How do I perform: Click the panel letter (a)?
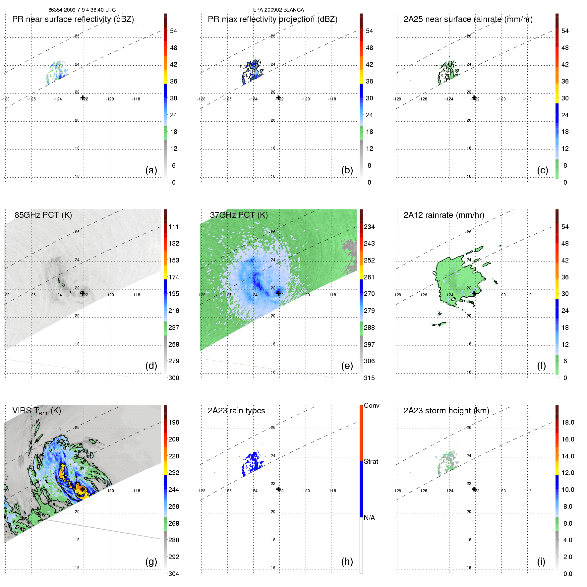pyautogui.click(x=151, y=170)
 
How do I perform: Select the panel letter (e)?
pyautogui.click(x=347, y=366)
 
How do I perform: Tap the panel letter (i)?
pyautogui.click(x=541, y=561)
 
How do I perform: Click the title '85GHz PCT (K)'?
pyautogui.click(x=43, y=215)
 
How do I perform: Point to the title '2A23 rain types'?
pyautogui.click(x=236, y=411)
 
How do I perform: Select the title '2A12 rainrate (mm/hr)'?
pyautogui.click(x=444, y=215)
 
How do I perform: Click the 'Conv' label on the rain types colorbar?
pyautogui.click(x=372, y=406)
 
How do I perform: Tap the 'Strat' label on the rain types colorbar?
pyautogui.click(x=371, y=462)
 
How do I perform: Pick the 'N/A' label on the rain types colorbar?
pyautogui.click(x=369, y=518)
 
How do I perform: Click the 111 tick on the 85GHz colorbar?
pyautogui.click(x=174, y=227)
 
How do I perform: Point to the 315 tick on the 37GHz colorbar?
pyautogui.click(x=369, y=378)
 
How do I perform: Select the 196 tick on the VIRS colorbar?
pyautogui.click(x=174, y=423)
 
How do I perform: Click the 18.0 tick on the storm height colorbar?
pyautogui.click(x=568, y=423)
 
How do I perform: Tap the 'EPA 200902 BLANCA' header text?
pyautogui.click(x=278, y=10)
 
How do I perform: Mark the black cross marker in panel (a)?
pyautogui.click(x=83, y=97)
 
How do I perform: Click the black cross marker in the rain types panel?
pyautogui.click(x=278, y=489)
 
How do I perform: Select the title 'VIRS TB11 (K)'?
pyautogui.click(x=36, y=411)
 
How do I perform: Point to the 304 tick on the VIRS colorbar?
pyautogui.click(x=174, y=574)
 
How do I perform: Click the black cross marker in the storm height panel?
pyautogui.click(x=474, y=489)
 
